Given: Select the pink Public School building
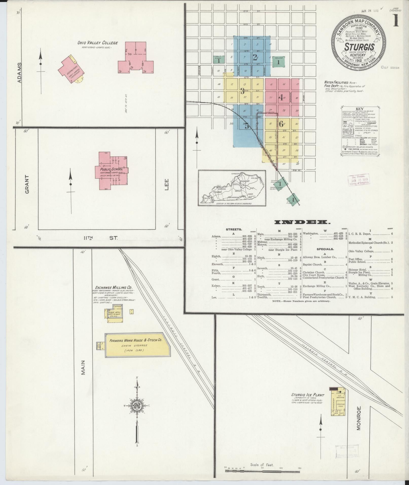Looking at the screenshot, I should (112, 170).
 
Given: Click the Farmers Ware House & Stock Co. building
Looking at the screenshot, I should (137, 345).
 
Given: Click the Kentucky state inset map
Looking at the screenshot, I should (232, 188).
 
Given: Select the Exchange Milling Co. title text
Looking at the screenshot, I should (113, 288).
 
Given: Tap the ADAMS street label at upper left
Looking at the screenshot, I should (20, 73).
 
